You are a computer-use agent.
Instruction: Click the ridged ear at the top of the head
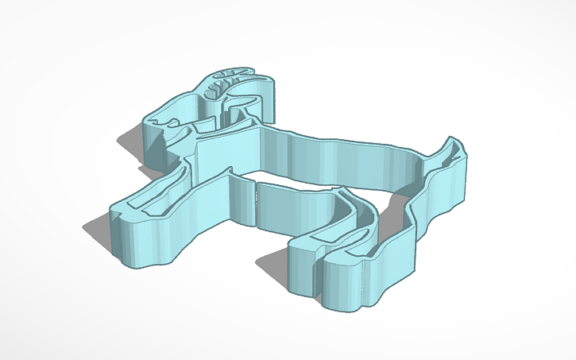pos(226,83)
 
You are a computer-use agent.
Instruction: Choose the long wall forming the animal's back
pos(342,159)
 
